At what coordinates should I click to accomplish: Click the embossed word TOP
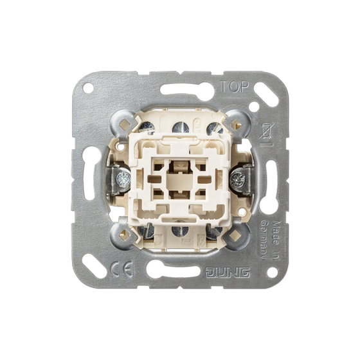[235, 86]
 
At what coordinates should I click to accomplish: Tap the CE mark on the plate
[122, 269]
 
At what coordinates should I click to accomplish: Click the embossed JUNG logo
[227, 272]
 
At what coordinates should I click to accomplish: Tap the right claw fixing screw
[237, 179]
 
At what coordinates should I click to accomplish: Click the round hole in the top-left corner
[87, 87]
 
